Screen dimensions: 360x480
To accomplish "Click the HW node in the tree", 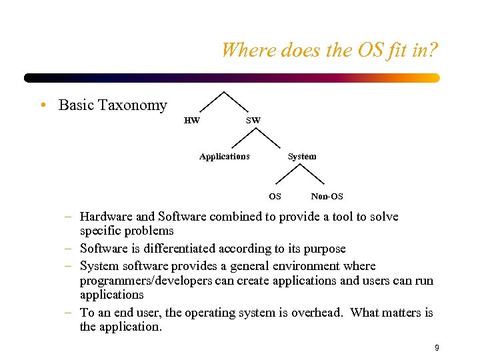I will click(191, 121).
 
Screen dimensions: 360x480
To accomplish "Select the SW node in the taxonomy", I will click(253, 121).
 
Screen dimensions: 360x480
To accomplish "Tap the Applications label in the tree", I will click(225, 157).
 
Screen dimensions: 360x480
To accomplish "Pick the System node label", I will click(302, 157).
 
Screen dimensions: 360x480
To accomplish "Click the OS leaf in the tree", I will click(275, 197).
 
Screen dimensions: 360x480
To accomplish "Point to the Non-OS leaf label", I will click(327, 197).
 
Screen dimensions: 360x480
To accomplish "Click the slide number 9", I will click(437, 347).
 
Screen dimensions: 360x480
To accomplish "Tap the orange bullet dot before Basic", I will click(42, 105).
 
